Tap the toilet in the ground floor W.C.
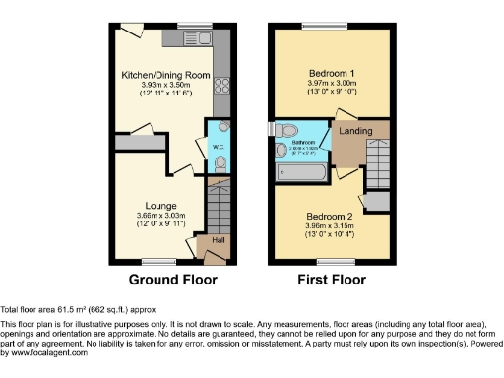[220, 162]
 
